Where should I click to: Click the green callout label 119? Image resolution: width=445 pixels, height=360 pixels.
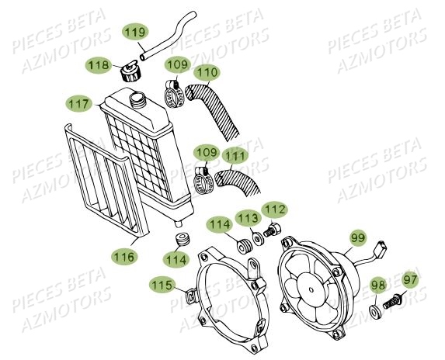136,32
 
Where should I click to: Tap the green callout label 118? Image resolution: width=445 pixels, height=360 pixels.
99,67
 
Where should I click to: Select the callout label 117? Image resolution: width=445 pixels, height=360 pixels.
78,102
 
